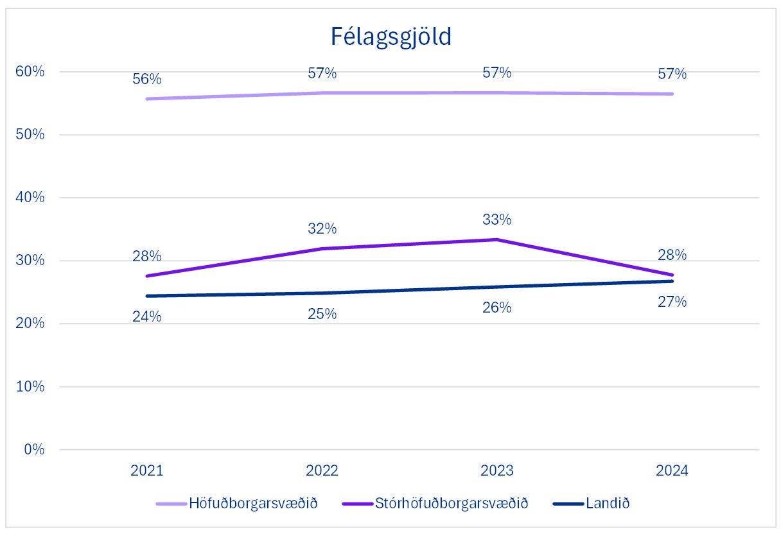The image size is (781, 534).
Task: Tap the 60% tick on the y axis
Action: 30,71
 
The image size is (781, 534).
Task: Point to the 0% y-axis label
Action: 34,449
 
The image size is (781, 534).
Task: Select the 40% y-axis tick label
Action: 30,198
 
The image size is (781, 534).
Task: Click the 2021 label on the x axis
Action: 147,470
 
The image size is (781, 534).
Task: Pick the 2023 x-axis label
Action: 497,470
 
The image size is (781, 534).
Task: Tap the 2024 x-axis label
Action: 672,470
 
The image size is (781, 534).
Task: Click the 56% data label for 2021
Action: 147,79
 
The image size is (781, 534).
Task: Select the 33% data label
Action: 497,220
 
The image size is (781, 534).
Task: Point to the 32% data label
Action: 322,228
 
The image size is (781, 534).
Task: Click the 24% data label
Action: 147,316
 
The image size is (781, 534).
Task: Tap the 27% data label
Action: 672,302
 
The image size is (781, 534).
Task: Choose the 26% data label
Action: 497,307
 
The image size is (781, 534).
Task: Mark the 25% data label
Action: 322,314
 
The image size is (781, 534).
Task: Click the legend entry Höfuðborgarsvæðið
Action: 236,503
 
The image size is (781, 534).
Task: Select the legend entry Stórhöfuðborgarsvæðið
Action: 435,503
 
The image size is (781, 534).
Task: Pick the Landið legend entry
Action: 592,503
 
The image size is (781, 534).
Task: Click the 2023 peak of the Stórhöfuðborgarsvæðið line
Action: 497,239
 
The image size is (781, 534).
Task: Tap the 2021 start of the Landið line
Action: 147,296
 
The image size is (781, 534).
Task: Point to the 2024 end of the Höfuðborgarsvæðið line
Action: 672,94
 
